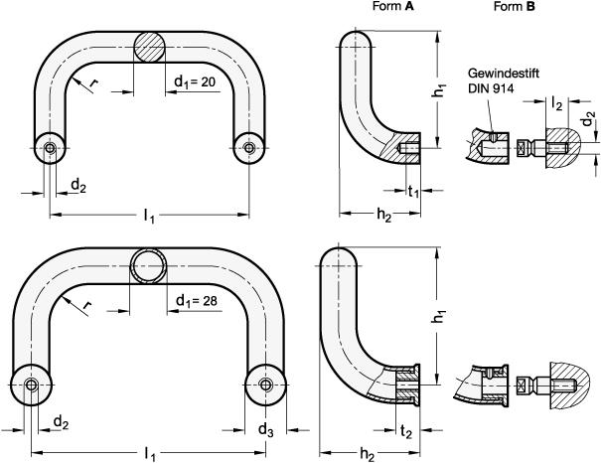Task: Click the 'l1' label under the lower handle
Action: (150, 453)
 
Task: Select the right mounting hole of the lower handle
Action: (265, 386)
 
